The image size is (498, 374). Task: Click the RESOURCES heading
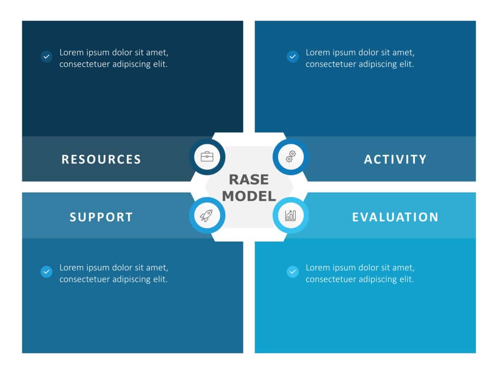coord(101,159)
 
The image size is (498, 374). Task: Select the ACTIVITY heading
coord(395,159)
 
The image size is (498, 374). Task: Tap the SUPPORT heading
coord(101,217)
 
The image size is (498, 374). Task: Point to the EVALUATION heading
coord(395,217)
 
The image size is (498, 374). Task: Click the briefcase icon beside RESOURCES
coord(207,157)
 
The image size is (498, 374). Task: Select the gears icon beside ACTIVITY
coord(291,157)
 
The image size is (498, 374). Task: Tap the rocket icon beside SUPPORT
coord(207,215)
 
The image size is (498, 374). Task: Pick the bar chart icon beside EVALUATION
coord(291,215)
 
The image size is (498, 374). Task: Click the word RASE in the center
coord(249,180)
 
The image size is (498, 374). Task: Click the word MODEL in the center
coord(249,196)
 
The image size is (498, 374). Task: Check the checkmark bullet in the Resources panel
coord(46,57)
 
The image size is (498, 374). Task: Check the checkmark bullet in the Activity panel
coord(292,57)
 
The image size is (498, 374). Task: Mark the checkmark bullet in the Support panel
coord(46,271)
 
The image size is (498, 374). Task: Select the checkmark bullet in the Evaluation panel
coord(292,271)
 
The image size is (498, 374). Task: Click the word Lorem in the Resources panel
coord(71,53)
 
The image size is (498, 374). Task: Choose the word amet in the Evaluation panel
coord(404,268)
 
